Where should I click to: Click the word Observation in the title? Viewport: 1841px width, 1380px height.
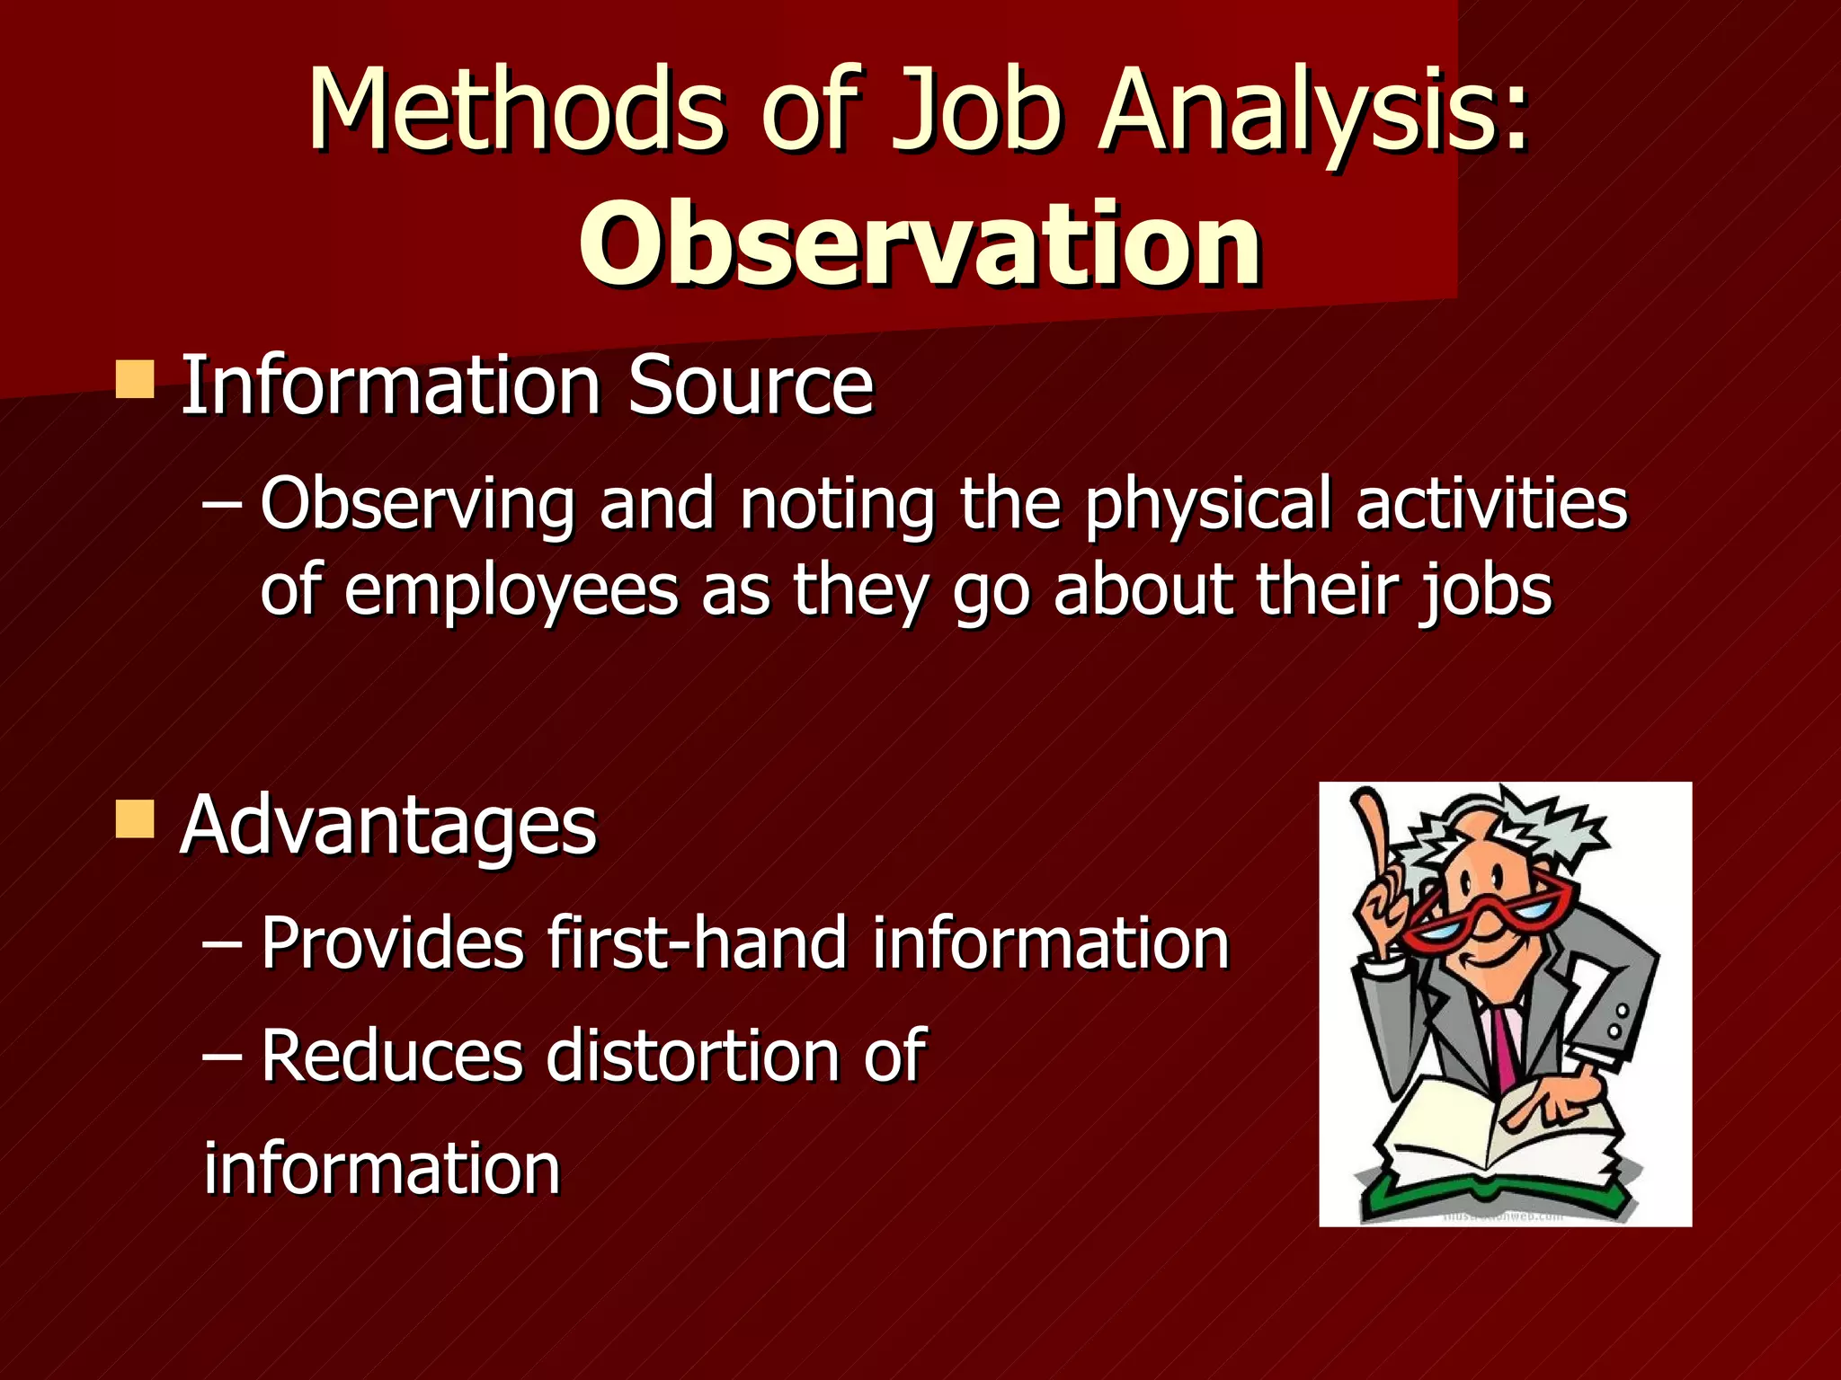pos(920,244)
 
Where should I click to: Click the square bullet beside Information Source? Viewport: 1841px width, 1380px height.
pos(135,379)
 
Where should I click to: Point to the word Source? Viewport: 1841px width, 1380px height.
pos(751,386)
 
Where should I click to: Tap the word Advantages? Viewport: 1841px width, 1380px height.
pos(388,827)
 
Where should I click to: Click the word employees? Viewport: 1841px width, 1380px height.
pos(511,591)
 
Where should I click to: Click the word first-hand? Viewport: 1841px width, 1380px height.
pos(697,943)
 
